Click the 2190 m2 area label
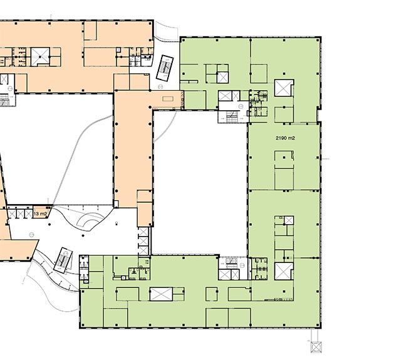pos(285,138)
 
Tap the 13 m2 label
pos(41,213)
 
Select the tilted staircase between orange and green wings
pos(165,68)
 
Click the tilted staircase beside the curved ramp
pos(63,260)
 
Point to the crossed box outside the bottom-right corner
pos(316,347)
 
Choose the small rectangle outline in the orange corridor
pos(168,99)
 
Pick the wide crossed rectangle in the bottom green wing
pos(161,294)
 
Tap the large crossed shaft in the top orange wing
pos(40,56)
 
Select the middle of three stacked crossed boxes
pos(143,241)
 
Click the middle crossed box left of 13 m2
pos(20,213)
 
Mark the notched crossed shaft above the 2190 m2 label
pos(284,88)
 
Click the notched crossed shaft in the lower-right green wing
pos(284,271)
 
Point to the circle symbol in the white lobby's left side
pos(31,235)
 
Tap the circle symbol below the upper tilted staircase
pos(160,87)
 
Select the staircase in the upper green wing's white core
pos(233,116)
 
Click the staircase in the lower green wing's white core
pos(232,262)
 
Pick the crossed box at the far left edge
pos(4,80)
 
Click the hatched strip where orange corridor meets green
pos(183,100)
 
